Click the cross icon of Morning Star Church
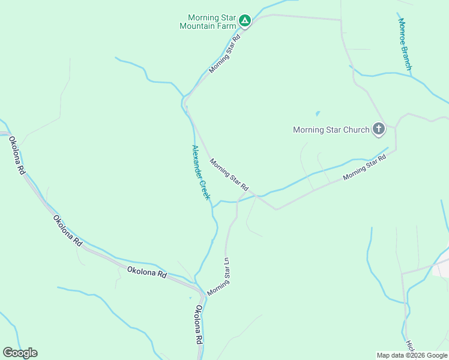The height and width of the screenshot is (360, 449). click(x=379, y=128)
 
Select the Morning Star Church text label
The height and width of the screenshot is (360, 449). click(x=331, y=130)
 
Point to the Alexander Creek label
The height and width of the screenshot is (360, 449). click(x=200, y=172)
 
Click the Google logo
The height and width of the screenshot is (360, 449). click(x=20, y=353)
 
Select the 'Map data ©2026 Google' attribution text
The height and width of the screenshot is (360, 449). click(x=412, y=355)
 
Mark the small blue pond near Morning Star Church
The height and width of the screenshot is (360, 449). click(x=317, y=113)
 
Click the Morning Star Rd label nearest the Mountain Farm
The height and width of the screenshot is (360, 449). click(x=224, y=53)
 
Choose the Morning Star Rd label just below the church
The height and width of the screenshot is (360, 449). click(x=364, y=168)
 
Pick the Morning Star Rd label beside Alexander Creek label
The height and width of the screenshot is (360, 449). click(x=229, y=175)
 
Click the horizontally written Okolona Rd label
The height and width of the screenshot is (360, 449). click(x=146, y=272)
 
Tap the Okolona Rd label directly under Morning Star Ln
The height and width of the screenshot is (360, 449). click(x=199, y=323)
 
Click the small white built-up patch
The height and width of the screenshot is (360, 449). click(x=441, y=269)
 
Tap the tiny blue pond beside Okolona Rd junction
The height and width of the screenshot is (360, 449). click(x=190, y=298)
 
